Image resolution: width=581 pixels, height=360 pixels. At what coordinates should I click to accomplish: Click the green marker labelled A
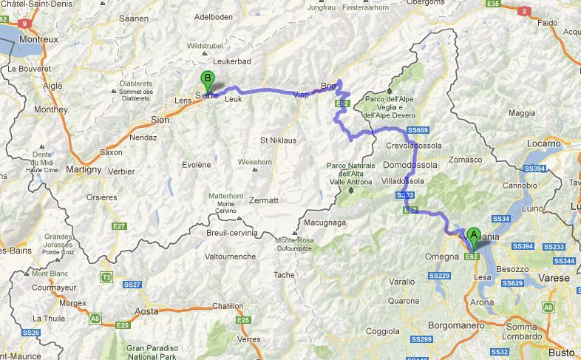pyautogui.click(x=473, y=237)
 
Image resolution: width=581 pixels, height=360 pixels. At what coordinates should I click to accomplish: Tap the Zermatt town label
pyautogui.click(x=264, y=200)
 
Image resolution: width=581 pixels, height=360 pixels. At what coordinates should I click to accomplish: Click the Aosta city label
pyautogui.click(x=147, y=311)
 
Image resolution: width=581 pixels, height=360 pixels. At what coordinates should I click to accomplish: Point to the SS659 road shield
pyautogui.click(x=418, y=130)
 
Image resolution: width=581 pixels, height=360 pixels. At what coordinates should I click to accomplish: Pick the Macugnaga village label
pyautogui.click(x=325, y=222)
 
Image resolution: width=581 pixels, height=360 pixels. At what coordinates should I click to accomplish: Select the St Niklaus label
pyautogui.click(x=278, y=140)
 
